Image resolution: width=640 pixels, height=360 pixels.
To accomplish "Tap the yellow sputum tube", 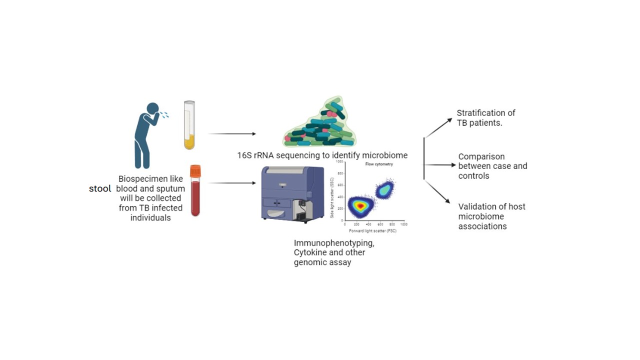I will (x=189, y=125).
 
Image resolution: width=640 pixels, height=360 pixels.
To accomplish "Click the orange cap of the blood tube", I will (x=195, y=171).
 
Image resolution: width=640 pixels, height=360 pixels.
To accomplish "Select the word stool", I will (x=100, y=189).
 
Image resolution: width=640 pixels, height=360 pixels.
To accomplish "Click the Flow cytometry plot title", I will (x=379, y=164).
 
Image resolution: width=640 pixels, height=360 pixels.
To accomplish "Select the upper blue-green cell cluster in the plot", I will (x=385, y=189).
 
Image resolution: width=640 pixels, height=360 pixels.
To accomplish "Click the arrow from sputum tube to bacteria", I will (x=231, y=134).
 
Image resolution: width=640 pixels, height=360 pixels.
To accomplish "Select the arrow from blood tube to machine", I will (x=231, y=183).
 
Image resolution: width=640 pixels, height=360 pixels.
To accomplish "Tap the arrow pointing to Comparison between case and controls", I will (x=440, y=164).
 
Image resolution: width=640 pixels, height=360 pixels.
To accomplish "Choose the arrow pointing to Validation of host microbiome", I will (x=438, y=191).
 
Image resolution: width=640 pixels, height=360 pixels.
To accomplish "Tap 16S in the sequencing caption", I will (x=244, y=155).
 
